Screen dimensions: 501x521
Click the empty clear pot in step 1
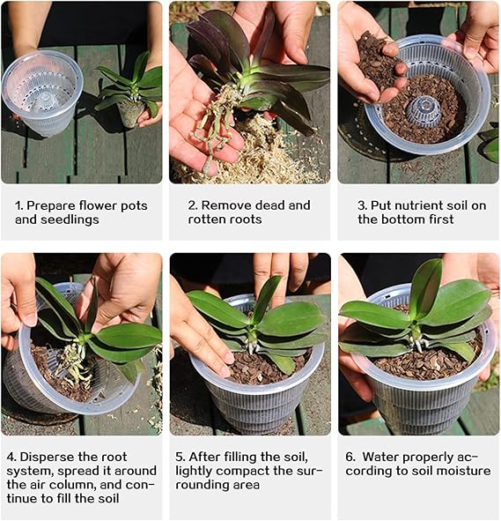click(41, 93)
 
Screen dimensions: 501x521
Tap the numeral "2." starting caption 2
click(193, 205)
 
